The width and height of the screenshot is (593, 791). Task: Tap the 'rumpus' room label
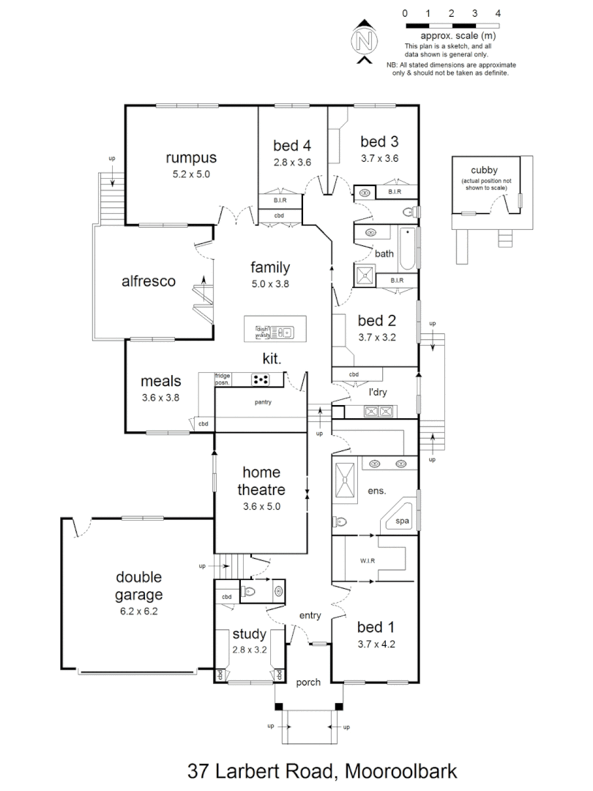(191, 157)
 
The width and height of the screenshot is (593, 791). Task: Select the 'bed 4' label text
(292, 144)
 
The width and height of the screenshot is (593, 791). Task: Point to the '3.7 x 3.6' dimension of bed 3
(379, 158)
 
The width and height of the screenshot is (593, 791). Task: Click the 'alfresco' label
(149, 281)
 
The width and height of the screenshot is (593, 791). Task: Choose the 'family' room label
(270, 267)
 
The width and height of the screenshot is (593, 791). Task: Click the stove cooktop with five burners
(261, 379)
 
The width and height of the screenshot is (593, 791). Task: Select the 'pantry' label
(264, 402)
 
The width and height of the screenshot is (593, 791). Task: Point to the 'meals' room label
(160, 382)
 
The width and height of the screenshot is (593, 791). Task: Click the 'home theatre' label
(261, 481)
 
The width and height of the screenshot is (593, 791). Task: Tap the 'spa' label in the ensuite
(402, 521)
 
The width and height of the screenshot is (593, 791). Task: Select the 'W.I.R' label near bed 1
(368, 562)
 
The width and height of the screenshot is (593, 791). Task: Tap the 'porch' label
(308, 683)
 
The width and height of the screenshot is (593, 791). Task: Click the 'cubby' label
(485, 170)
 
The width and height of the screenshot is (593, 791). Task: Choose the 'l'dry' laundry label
(378, 393)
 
